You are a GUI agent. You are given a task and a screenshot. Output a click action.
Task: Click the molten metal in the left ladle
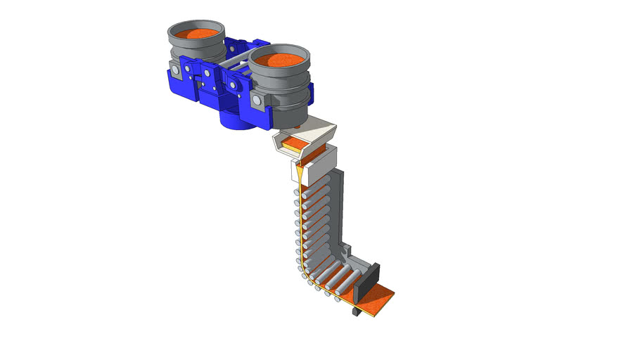click(x=196, y=34)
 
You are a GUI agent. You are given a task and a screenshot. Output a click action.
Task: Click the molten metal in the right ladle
click(x=279, y=59)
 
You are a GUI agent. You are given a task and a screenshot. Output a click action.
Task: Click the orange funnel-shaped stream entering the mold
click(x=300, y=173)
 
